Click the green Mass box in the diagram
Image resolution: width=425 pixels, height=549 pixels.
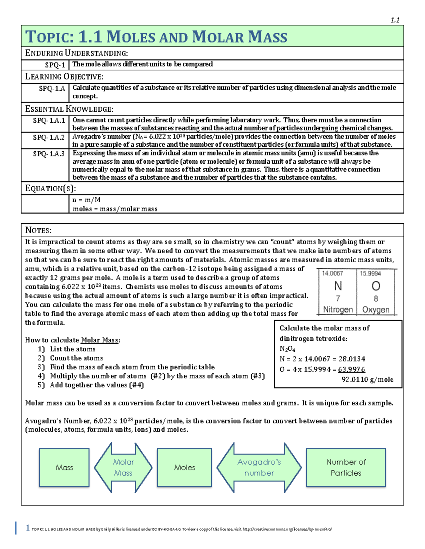pos(64,467)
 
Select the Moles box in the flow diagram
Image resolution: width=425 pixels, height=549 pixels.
pos(185,467)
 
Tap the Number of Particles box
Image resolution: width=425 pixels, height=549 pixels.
pos(346,467)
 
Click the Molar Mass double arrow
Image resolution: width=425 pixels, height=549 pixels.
pos(123,467)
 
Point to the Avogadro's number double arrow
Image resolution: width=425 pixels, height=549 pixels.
pos(259,467)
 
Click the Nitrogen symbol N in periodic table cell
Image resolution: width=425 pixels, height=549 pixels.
pos(338,286)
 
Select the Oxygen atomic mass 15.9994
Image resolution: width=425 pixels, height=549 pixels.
pos(370,273)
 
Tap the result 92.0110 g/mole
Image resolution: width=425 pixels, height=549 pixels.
pos(367,379)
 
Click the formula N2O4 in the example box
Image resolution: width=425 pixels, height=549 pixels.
pos(287,349)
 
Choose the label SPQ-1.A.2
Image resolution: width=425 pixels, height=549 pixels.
pos(49,137)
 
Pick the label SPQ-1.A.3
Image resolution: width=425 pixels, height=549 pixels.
pos(49,154)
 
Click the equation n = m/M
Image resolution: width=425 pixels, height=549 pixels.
pos(86,200)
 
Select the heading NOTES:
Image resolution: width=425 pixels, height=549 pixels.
pos(38,230)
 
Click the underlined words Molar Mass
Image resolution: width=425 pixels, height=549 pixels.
pos(100,340)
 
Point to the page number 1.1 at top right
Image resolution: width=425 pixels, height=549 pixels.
pos(395,20)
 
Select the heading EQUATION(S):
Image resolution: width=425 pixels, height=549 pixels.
pos(50,188)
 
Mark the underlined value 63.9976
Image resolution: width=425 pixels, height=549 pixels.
pos(351,369)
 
